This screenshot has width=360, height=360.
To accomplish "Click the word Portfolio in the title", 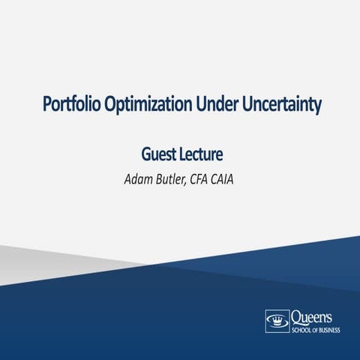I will pos(65,105).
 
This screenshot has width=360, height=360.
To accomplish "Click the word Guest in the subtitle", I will pos(158,155).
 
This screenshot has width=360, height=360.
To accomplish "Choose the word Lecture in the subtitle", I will pos(201,155).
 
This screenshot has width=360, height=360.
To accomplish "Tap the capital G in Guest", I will pos(146,155).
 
